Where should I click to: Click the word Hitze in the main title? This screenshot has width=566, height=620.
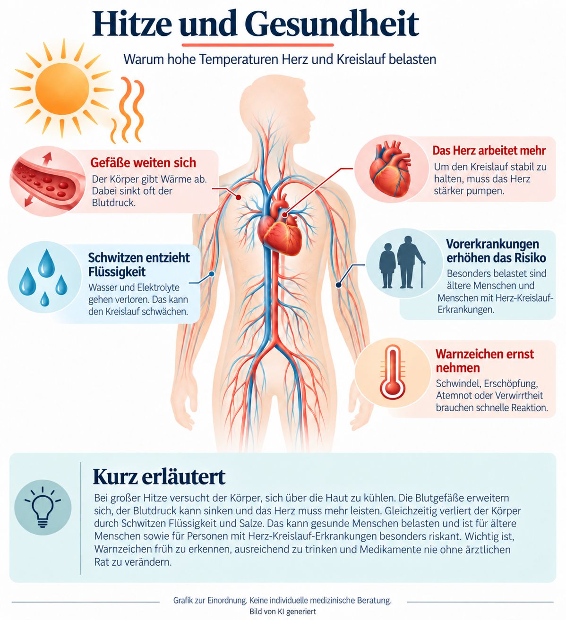(132, 25)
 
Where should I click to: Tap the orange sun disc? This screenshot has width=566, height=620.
(62, 89)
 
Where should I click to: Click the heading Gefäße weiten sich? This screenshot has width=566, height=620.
(143, 162)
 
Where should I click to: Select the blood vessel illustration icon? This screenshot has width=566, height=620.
(47, 181)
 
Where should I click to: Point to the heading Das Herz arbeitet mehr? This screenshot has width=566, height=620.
(489, 151)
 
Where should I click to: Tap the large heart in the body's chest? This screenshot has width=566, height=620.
(280, 227)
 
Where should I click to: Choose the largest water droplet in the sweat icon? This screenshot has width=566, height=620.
(46, 263)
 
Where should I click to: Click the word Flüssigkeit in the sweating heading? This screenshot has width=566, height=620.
(117, 272)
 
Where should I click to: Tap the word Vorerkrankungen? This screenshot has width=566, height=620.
(492, 244)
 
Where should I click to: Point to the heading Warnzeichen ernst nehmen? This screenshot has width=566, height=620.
(485, 361)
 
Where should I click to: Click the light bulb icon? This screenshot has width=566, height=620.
(43, 507)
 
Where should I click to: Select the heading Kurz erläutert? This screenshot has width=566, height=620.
(159, 477)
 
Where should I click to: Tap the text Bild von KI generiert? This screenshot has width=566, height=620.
(283, 612)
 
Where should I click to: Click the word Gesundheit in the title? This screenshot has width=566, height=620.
(332, 25)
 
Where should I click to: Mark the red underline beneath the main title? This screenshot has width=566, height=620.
(257, 45)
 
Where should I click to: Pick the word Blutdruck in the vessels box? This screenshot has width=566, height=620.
(113, 203)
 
